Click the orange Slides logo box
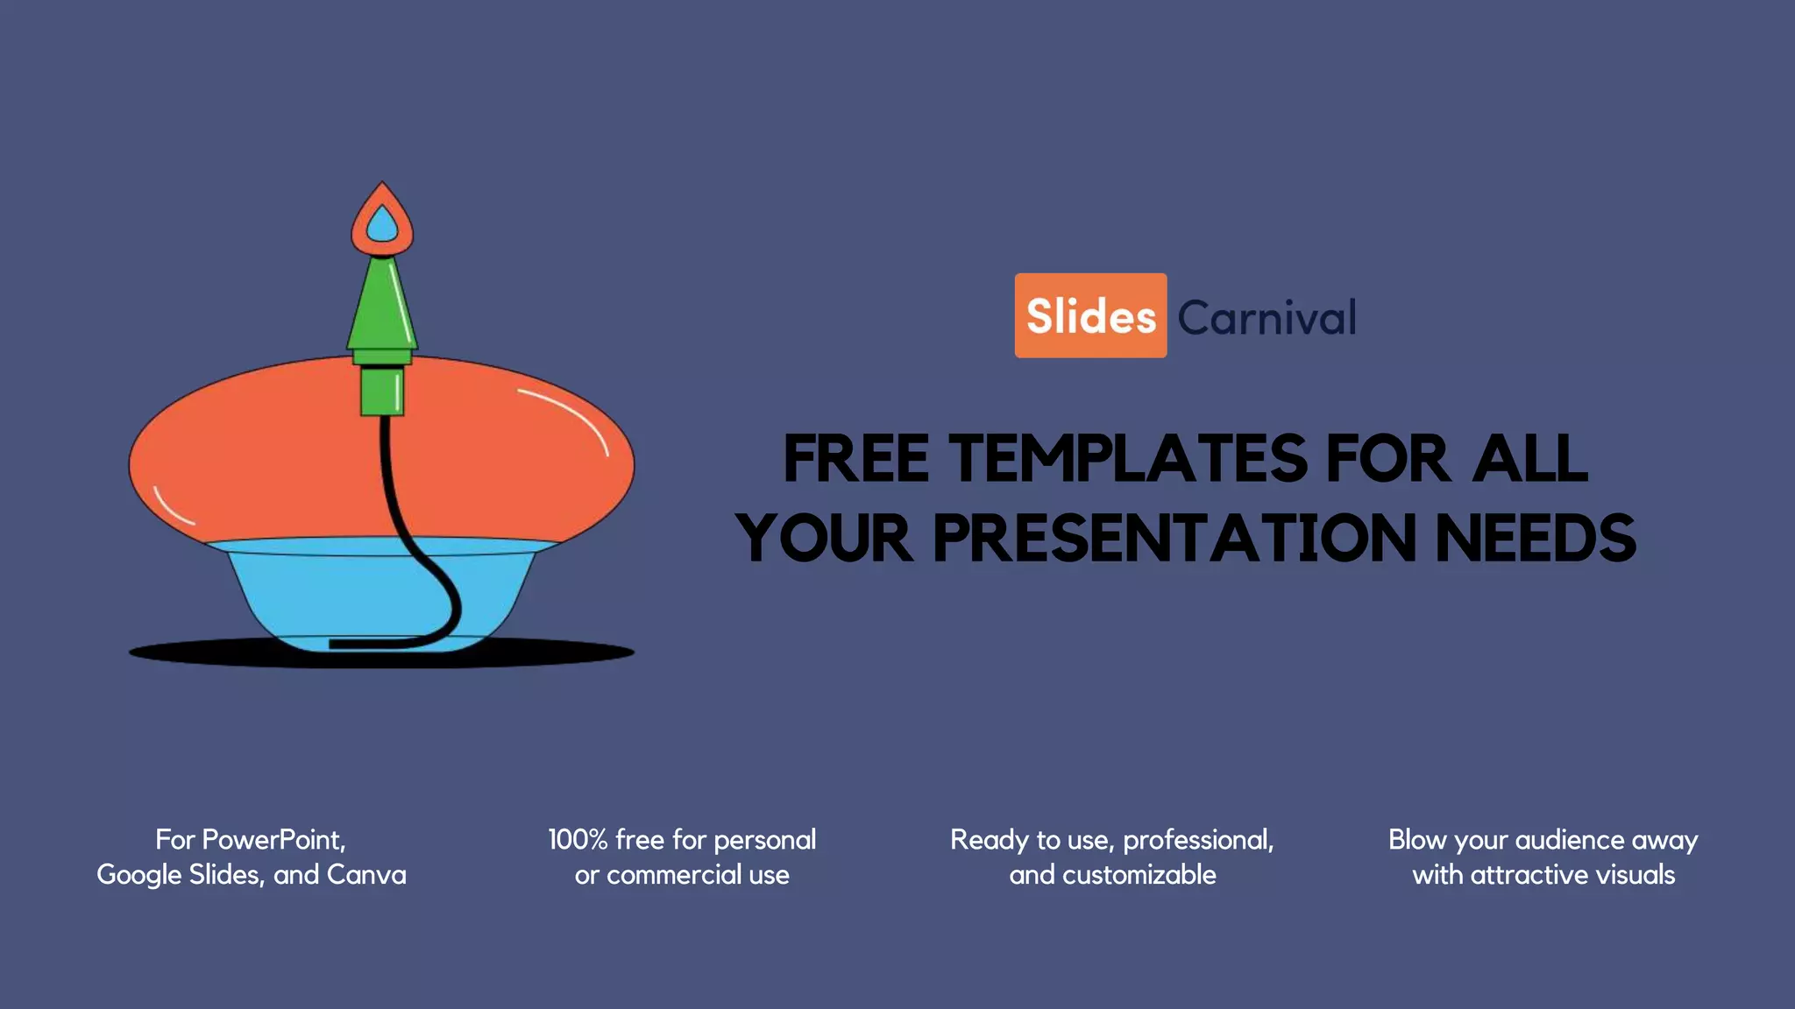click(x=1090, y=315)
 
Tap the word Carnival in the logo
click(x=1266, y=317)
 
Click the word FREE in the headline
click(x=855, y=459)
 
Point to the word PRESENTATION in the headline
click(x=1174, y=538)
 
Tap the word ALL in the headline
click(x=1529, y=459)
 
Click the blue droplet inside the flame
click(x=382, y=226)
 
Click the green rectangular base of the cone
click(x=382, y=391)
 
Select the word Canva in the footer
click(x=366, y=875)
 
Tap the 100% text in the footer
click(x=578, y=840)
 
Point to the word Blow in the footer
click(x=1417, y=840)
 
